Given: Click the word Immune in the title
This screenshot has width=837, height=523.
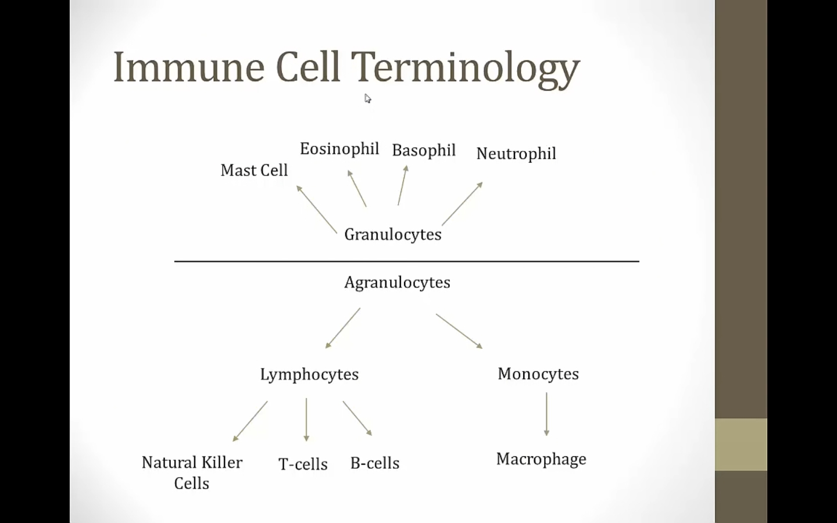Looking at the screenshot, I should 188,67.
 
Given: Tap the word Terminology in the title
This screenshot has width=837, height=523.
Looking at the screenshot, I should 465,69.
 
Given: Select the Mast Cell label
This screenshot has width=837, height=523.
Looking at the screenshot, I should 254,170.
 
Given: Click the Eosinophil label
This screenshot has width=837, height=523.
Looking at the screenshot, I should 339,149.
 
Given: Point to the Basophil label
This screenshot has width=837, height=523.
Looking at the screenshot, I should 424,151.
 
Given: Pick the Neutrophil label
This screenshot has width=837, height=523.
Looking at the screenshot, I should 516,154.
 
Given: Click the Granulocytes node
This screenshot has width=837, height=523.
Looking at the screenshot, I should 393,235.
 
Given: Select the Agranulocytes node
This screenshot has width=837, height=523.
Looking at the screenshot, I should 397,282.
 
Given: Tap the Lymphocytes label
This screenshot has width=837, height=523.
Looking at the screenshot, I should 309,375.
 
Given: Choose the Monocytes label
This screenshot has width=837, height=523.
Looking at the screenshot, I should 538,374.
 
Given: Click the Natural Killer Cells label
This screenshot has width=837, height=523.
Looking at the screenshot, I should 192,472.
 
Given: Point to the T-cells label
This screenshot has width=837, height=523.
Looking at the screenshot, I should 303,464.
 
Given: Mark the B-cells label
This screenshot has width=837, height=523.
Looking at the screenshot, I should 375,463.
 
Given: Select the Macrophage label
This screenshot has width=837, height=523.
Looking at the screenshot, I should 541,459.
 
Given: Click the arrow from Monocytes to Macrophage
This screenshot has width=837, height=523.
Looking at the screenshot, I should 546,414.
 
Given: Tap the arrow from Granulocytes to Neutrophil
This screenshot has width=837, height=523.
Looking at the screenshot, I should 462,204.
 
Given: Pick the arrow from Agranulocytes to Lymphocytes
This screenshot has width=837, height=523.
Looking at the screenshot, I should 343,328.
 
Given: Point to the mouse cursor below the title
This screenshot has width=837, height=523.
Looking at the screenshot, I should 367,98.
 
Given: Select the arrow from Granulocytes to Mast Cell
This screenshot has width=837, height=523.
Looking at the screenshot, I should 317,209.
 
